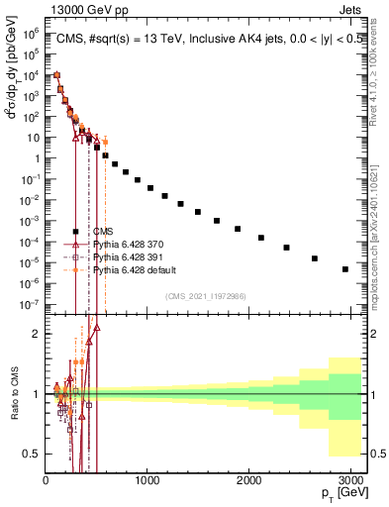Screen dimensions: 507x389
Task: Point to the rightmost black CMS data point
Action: tap(344, 268)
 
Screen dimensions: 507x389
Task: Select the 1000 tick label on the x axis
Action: tap(146, 480)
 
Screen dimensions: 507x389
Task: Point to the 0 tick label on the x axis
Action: tap(46, 480)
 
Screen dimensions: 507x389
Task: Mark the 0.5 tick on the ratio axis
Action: tap(33, 454)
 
